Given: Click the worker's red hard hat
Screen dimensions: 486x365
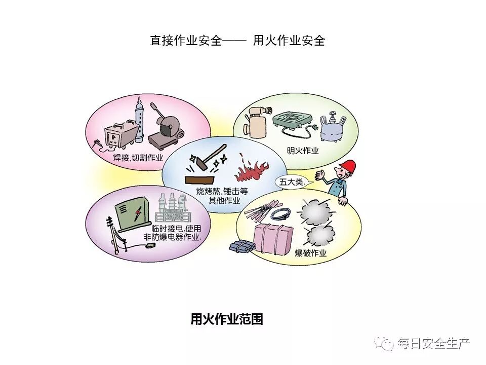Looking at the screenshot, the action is click(x=348, y=167).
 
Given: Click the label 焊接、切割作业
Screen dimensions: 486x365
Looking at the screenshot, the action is click(x=138, y=158).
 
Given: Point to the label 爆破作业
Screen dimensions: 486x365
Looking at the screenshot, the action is click(x=311, y=253).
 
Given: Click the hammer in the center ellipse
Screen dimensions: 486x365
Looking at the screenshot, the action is click(x=208, y=157).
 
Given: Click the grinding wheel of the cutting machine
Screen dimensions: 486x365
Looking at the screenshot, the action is click(x=166, y=124).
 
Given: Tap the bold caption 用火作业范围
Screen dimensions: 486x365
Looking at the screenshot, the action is click(x=226, y=319).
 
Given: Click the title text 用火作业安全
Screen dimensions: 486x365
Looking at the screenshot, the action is click(x=289, y=41).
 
